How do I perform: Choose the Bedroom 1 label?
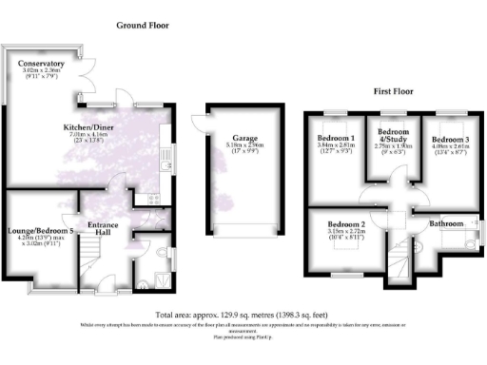tap(335, 140)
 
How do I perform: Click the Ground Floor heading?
tap(143, 25)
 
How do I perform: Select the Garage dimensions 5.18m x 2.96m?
tap(232, 144)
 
